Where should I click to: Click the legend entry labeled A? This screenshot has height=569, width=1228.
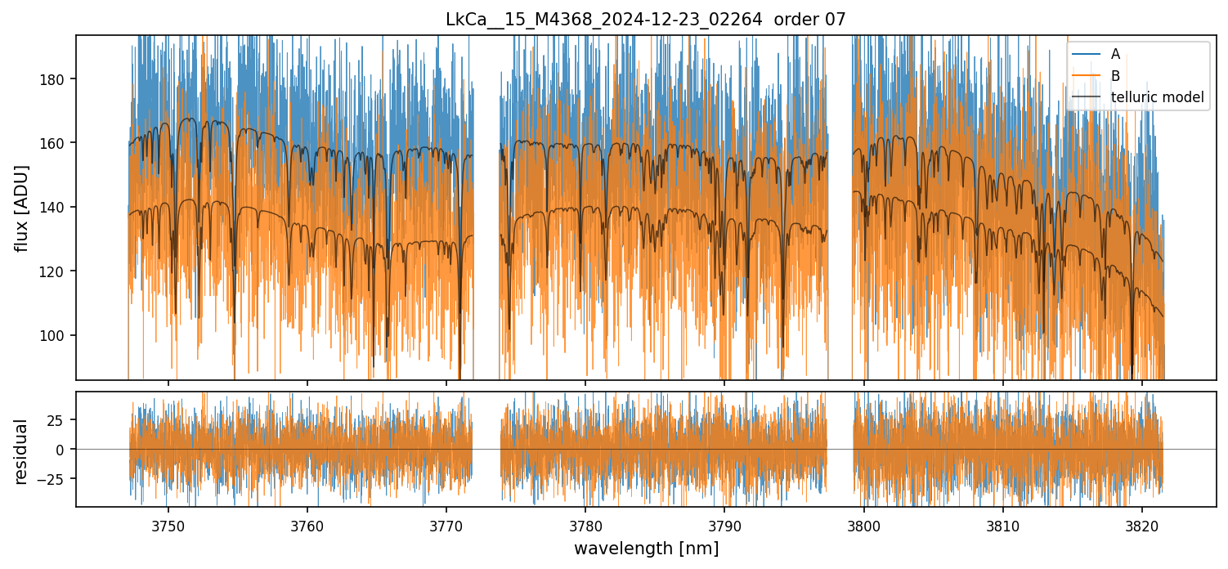pos(1115,55)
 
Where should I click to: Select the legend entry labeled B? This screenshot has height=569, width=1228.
pos(1115,76)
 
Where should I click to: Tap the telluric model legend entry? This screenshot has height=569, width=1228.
pos(1157,97)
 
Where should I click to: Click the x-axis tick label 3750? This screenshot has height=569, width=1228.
pos(168,525)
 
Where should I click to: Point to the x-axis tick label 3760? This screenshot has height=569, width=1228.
pos(307,525)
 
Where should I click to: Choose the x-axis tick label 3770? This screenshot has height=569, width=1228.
pos(446,525)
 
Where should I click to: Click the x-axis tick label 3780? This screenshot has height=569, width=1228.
pos(585,525)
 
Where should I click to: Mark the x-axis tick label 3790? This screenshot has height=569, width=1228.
pos(724,525)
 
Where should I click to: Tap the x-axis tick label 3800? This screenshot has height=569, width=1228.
pos(864,525)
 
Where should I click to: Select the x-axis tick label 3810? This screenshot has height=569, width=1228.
pos(1003,525)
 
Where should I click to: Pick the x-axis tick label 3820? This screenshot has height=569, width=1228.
pos(1142,525)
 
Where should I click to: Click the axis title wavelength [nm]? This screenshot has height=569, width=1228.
pos(646,548)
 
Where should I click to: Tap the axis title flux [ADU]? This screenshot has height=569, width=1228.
pos(22,208)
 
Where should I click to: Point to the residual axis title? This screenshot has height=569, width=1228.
pos(22,450)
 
